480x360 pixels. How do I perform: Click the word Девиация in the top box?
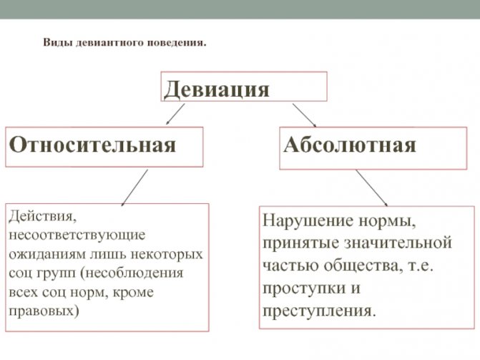[x=217, y=89]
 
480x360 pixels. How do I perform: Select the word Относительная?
[x=92, y=145]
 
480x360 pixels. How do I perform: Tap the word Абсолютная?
[x=350, y=145]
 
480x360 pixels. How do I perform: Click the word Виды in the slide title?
[x=58, y=42]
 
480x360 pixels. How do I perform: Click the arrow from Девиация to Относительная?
[x=175, y=114]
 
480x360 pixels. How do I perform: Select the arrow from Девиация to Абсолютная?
[x=304, y=115]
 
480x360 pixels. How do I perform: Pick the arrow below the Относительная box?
[x=134, y=188]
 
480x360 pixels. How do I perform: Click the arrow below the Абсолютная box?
[x=371, y=188]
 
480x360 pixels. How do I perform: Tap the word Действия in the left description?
[x=42, y=217]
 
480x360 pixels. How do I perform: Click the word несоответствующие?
[x=77, y=235]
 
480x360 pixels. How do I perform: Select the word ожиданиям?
[x=46, y=255]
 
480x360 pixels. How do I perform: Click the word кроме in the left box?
[x=134, y=292]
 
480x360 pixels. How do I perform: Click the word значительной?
[x=398, y=243]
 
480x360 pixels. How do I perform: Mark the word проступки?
[x=304, y=288]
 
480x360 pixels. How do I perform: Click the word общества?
[x=363, y=266]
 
